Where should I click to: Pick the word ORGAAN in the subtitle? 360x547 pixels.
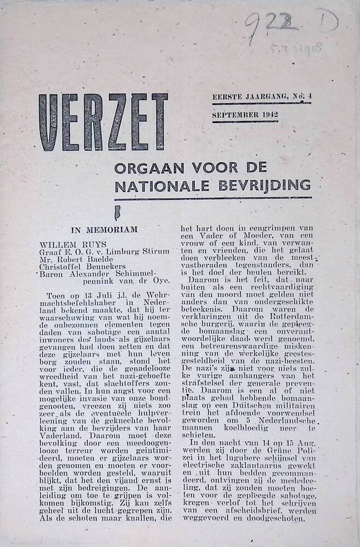(x=143, y=168)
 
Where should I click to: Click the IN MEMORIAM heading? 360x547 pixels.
(x=104, y=230)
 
